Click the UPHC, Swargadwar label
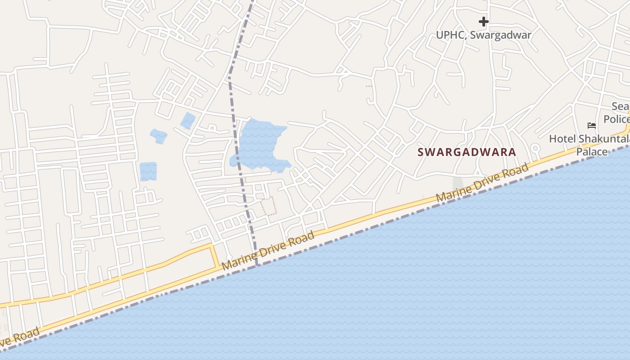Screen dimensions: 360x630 [483, 35]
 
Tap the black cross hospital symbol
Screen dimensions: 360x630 [483, 21]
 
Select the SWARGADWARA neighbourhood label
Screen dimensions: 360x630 [467, 152]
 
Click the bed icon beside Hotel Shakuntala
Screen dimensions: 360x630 [592, 125]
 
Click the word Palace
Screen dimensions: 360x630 [592, 152]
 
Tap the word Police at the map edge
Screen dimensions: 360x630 [616, 119]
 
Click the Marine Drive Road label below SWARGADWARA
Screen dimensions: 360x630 [481, 183]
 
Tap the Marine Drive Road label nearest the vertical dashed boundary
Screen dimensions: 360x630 [268, 251]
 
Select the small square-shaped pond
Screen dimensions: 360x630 [148, 171]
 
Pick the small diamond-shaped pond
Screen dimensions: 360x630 [188, 121]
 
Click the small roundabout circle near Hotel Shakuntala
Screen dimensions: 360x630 [535, 148]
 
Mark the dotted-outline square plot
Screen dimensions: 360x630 [269, 206]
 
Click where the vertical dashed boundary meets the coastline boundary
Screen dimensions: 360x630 [257, 266]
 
